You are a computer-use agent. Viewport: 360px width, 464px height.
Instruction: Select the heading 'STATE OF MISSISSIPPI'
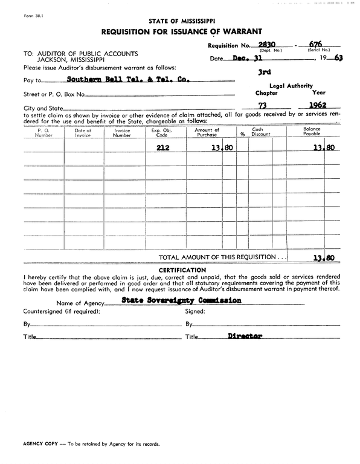point(181,21)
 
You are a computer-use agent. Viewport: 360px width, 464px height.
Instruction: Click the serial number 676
point(314,44)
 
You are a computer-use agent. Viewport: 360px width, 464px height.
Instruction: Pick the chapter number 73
point(262,106)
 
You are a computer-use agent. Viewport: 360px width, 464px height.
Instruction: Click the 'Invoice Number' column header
point(122,133)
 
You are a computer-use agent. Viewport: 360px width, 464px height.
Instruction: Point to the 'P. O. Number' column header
point(43,133)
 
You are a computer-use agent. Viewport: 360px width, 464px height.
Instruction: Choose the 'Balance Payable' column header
point(312,132)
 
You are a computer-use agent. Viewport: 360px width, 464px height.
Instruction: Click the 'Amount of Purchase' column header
point(207,132)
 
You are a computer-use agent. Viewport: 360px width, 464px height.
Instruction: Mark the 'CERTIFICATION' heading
point(182,269)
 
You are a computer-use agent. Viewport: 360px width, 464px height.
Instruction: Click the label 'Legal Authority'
point(291,86)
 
